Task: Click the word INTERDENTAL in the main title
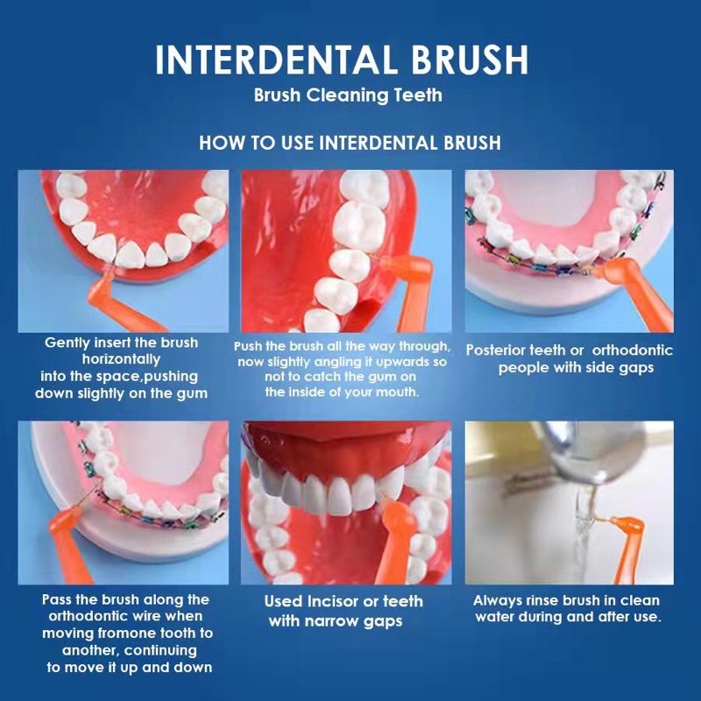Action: [x=275, y=59]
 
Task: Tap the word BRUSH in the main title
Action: [x=470, y=59]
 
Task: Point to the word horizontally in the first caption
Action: [x=121, y=360]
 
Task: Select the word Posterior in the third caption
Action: [x=495, y=350]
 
